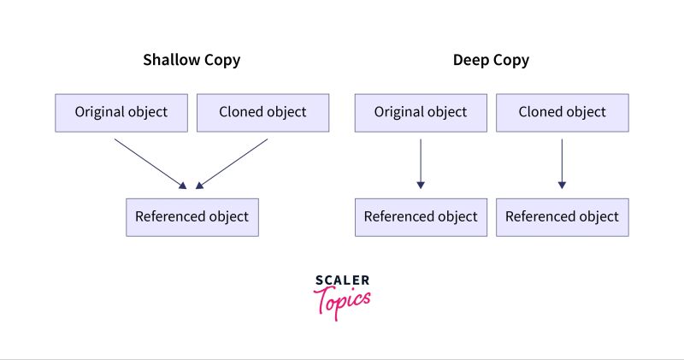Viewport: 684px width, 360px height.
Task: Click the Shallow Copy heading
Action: pyautogui.click(x=192, y=61)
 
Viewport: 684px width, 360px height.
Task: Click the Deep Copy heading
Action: pyautogui.click(x=491, y=61)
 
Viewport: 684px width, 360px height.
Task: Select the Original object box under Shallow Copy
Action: pyautogui.click(x=121, y=112)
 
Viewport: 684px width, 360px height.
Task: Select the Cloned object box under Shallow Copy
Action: pyautogui.click(x=262, y=112)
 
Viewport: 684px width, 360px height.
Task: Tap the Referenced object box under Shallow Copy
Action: pyautogui.click(x=192, y=216)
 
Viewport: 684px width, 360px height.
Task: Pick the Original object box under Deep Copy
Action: pyautogui.click(x=421, y=112)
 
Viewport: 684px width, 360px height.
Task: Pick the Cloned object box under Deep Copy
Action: pyautogui.click(x=562, y=112)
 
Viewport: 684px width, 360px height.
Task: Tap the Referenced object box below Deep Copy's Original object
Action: pyautogui.click(x=421, y=216)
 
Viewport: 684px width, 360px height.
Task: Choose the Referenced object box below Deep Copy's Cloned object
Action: pyautogui.click(x=562, y=216)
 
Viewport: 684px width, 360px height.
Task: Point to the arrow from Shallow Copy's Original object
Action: pyautogui.click(x=150, y=162)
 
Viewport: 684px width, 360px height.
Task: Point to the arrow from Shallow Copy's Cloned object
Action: pyautogui.click(x=233, y=162)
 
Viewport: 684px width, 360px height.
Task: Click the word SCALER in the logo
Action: pyautogui.click(x=342, y=280)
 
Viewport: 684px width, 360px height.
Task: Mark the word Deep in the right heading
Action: pyautogui.click(x=470, y=61)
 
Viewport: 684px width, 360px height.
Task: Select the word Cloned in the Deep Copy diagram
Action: pyautogui.click(x=539, y=112)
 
